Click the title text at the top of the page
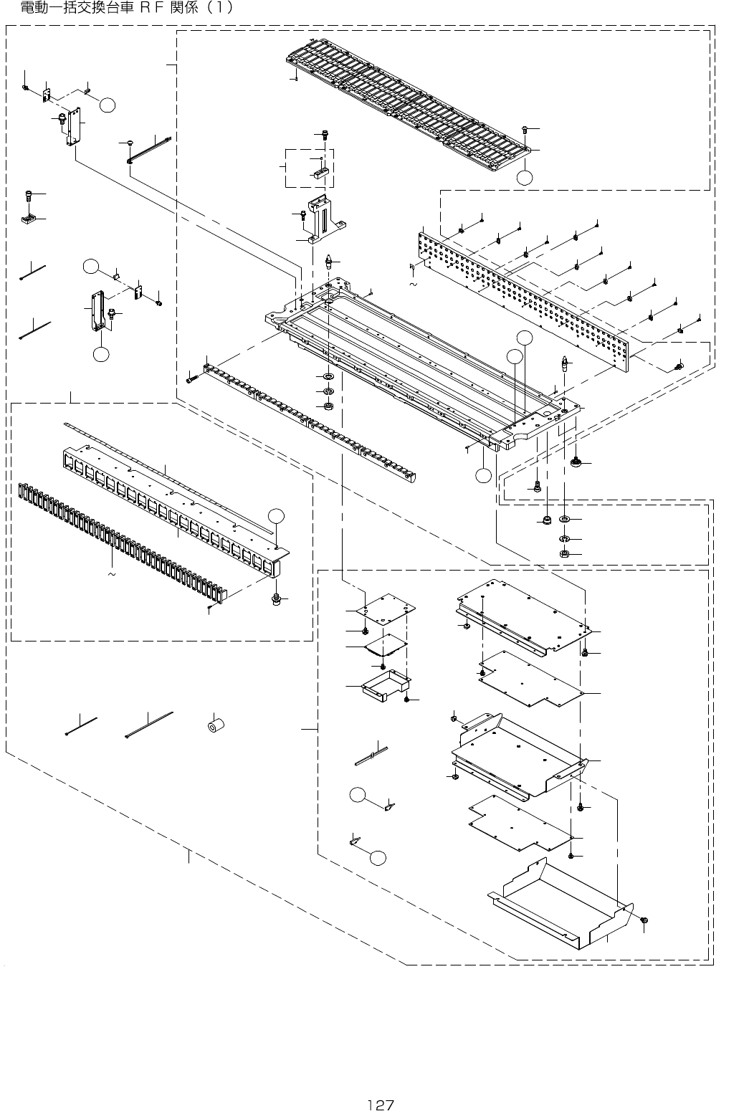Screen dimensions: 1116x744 click(125, 9)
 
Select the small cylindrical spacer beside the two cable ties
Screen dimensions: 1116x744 click(214, 726)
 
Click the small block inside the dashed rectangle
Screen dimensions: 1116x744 click(320, 173)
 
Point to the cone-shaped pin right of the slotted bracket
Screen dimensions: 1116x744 click(328, 259)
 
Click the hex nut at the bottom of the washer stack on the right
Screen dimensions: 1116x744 click(564, 554)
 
